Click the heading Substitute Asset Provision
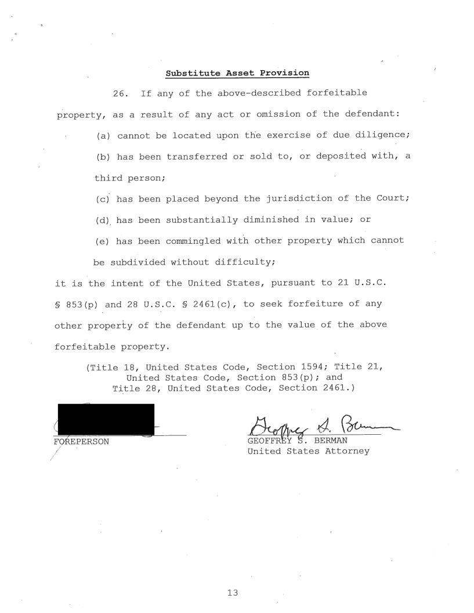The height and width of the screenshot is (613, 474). [x=237, y=73]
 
